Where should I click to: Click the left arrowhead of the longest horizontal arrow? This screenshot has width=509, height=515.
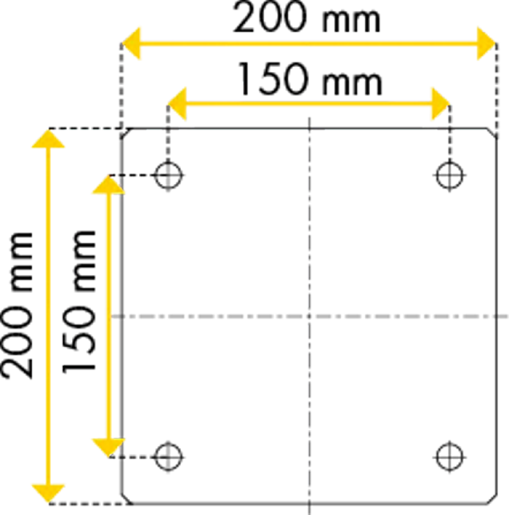[x=131, y=43]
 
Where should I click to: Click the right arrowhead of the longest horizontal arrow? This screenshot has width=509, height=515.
[x=487, y=43]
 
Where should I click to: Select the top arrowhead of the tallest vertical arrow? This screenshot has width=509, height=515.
[x=48, y=139]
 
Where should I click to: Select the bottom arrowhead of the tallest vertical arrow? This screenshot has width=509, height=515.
[x=48, y=492]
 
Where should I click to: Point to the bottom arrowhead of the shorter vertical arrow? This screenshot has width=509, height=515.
[x=108, y=447]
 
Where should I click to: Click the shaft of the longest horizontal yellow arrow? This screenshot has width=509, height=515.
[x=309, y=43]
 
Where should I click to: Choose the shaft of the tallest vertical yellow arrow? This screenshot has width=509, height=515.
[x=48, y=315]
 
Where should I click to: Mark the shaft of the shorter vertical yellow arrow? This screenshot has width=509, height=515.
[x=108, y=315]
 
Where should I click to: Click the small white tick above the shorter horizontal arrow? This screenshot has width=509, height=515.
[x=243, y=89]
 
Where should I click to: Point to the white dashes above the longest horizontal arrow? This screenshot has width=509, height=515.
[x=306, y=32]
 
